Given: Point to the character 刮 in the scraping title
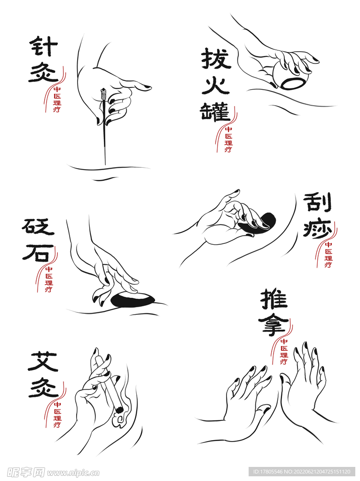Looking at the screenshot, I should click(x=317, y=202).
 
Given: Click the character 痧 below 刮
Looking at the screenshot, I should click(x=317, y=229).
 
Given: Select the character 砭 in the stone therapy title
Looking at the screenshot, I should click(x=38, y=227).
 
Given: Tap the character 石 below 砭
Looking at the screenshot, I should click(x=36, y=252).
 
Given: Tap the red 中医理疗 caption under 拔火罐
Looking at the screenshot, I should click(x=228, y=140).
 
